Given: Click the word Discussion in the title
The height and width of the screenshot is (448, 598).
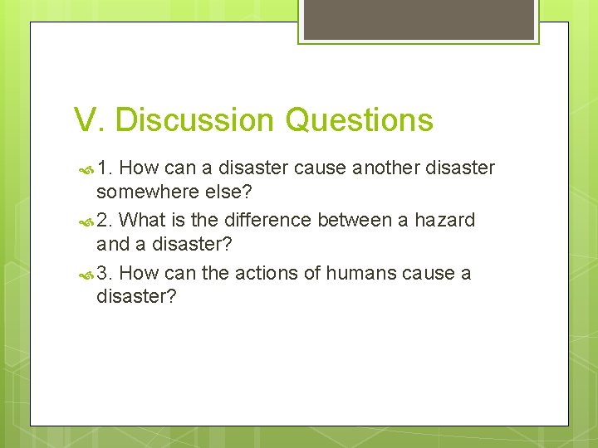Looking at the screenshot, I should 195,120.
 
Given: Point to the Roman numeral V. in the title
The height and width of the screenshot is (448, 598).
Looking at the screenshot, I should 90,120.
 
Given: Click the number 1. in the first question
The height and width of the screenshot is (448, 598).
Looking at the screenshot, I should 105,168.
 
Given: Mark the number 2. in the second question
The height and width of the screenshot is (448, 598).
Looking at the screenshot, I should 105,221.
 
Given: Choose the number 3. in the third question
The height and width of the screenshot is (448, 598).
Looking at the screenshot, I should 105,273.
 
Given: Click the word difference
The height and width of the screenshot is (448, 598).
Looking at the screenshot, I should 264,221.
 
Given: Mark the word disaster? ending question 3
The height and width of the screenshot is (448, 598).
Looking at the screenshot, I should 136,297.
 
